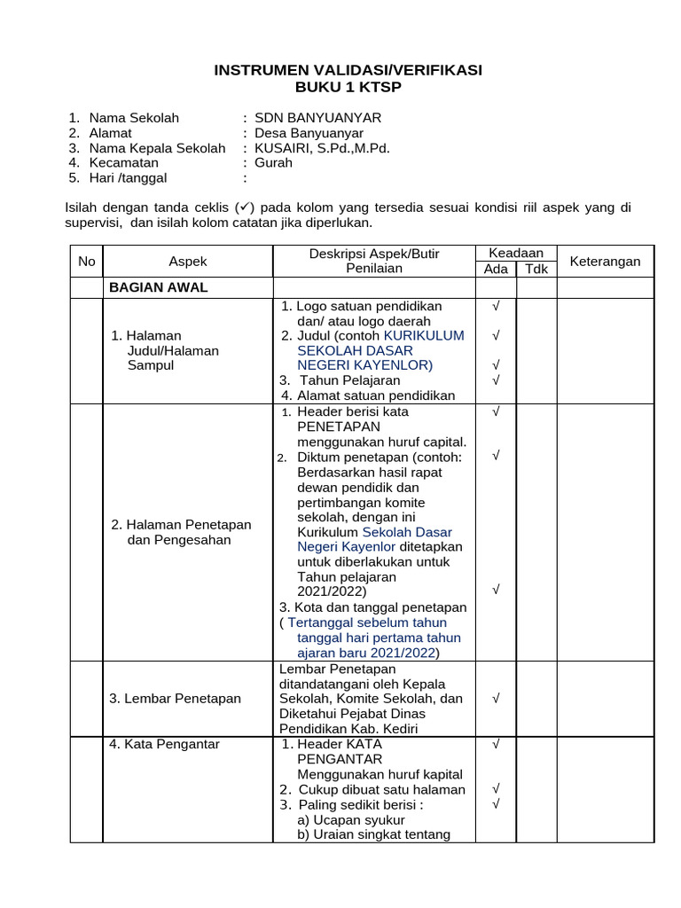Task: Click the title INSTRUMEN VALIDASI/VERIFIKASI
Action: point(348,70)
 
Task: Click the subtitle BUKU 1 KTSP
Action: point(348,87)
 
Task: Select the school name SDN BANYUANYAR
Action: point(317,118)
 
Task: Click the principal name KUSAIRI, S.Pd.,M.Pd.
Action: point(322,148)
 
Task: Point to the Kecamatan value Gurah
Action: point(273,163)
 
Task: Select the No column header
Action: point(86,262)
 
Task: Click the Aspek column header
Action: point(187,262)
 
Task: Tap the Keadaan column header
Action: point(515,254)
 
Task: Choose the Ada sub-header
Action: point(496,270)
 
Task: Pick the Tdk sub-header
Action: point(536,270)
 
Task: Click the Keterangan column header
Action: point(605,262)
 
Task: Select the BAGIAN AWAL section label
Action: point(158,287)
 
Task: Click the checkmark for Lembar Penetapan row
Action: point(497,699)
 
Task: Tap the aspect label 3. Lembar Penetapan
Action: point(175,699)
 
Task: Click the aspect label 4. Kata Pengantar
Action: point(164,745)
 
